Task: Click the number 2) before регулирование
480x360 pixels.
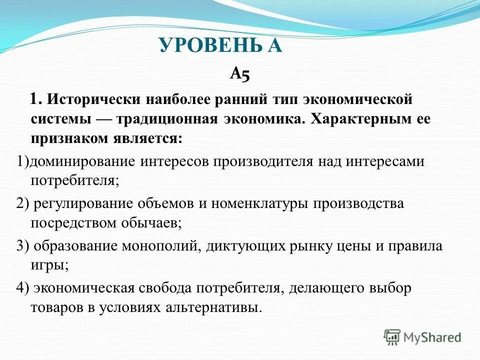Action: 24,203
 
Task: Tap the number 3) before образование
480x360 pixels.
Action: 24,246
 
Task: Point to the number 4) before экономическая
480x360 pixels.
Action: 24,288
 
